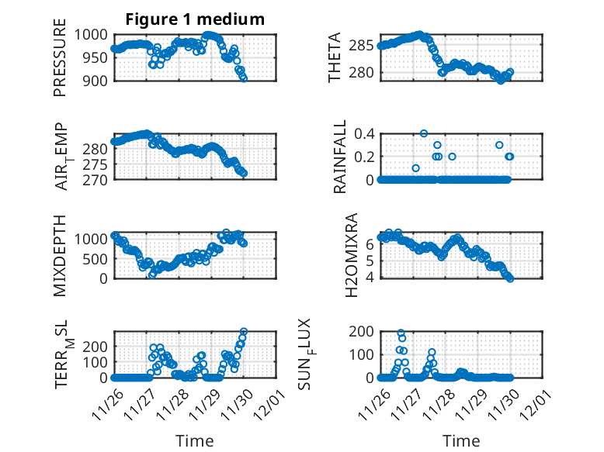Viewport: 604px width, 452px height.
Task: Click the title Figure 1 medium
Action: pos(194,19)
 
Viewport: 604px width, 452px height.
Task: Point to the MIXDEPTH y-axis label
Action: pos(60,255)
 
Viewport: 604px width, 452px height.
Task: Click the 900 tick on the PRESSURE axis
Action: pos(96,80)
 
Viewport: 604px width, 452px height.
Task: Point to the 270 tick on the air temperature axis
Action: pos(96,179)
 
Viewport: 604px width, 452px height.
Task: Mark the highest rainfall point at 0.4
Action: pos(424,133)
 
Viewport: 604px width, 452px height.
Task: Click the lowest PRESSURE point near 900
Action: pos(244,78)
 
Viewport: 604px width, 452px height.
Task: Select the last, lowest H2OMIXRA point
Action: pos(510,278)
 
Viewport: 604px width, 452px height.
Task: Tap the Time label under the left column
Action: pos(195,440)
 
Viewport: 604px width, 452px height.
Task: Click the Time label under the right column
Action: pos(461,440)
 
